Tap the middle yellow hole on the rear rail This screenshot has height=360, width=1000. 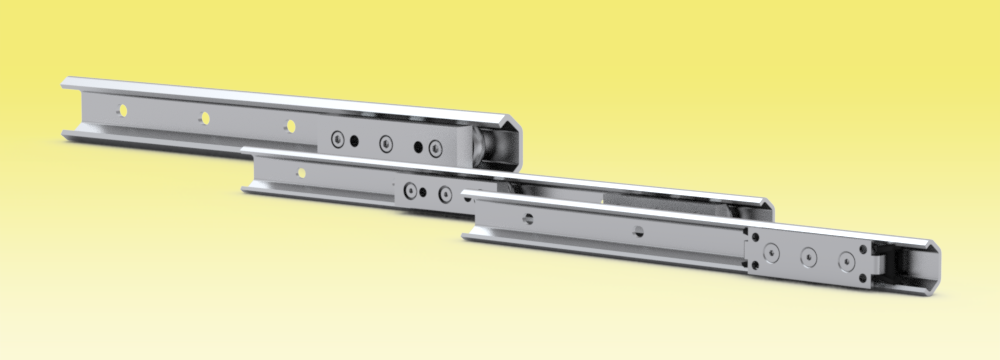[x=205, y=117]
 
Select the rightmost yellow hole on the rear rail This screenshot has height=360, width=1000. [x=291, y=126]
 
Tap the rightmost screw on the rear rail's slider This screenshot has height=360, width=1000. [x=435, y=149]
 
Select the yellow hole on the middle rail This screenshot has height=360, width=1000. [x=302, y=174]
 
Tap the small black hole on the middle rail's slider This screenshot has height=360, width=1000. [x=425, y=192]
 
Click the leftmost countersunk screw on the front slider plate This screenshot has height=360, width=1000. [x=770, y=255]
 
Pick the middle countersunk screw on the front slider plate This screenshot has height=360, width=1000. [x=808, y=260]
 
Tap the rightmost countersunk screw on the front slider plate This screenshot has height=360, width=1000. [x=848, y=265]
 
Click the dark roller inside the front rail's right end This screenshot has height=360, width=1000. [x=905, y=268]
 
